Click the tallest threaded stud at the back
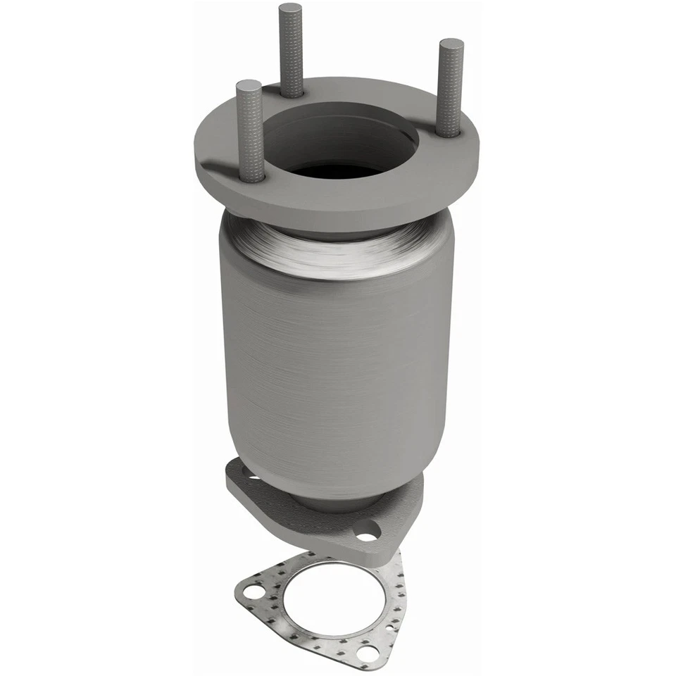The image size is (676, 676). pos(290,49)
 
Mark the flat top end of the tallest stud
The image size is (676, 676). pos(290,9)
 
